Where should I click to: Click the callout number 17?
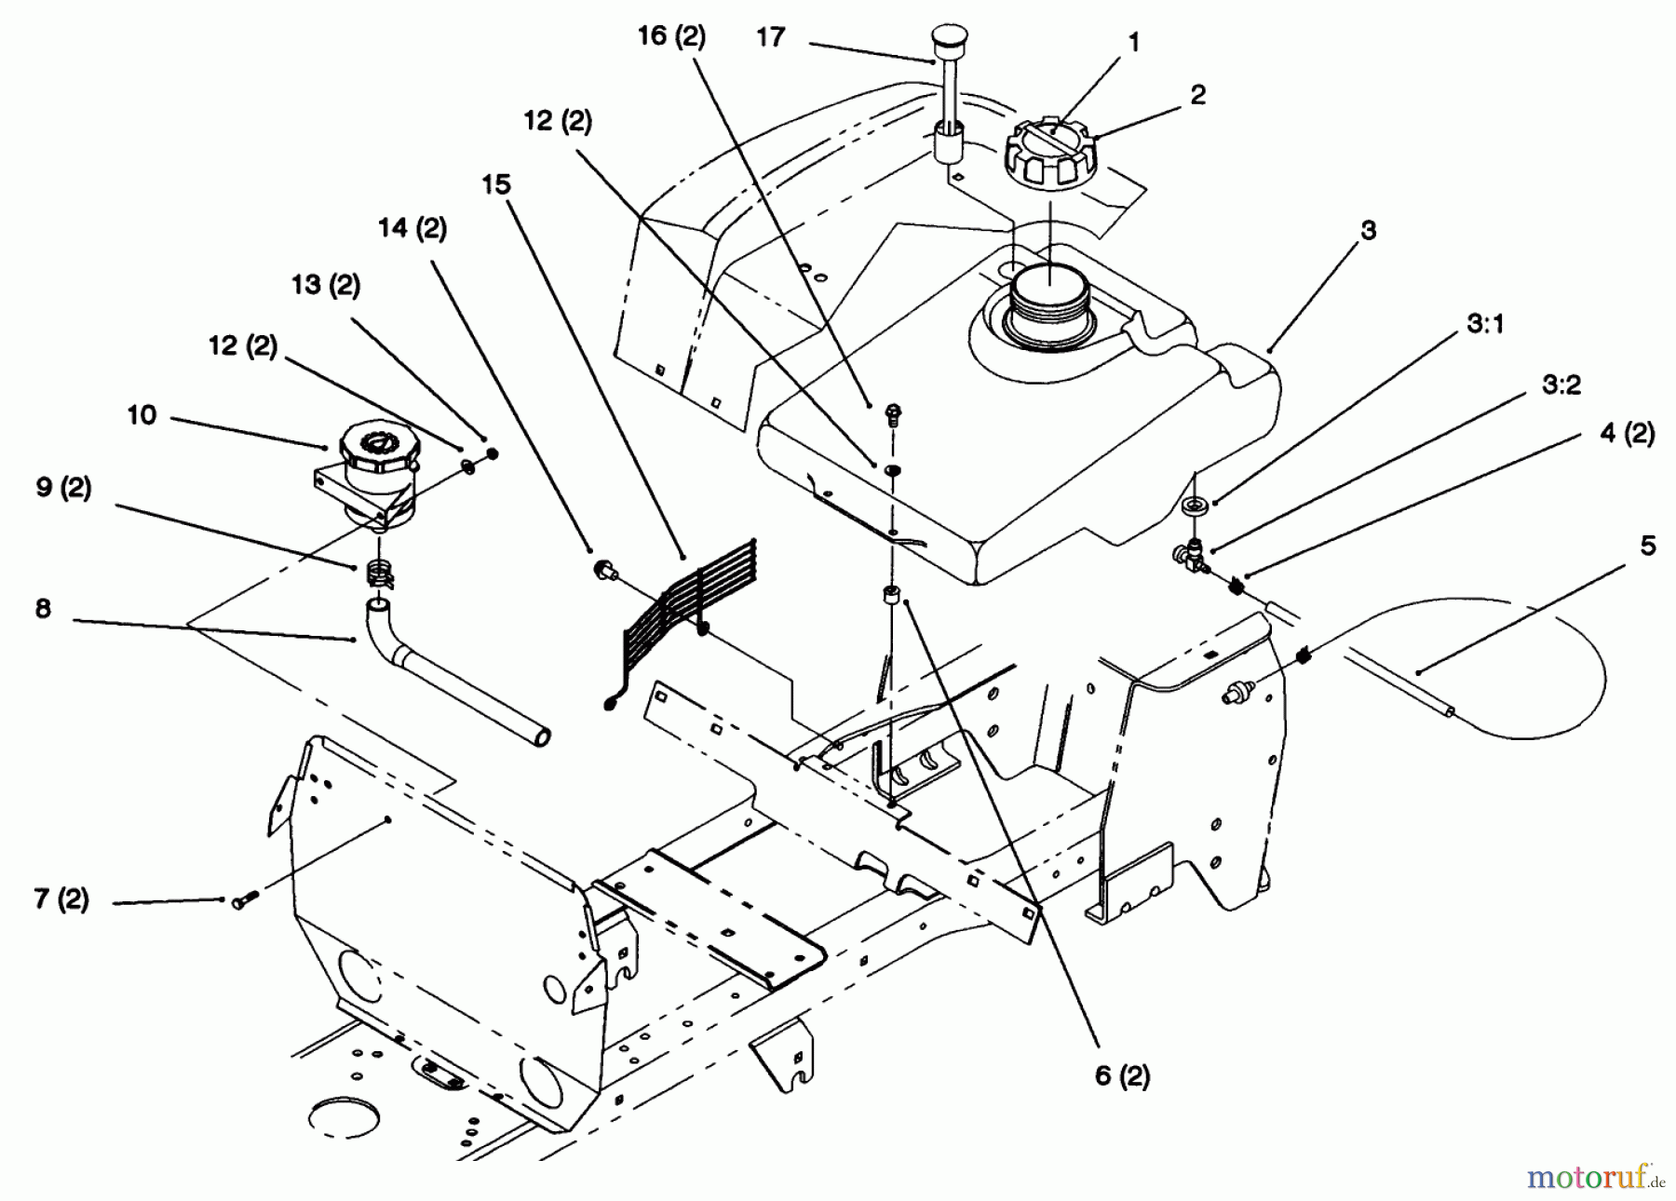point(770,38)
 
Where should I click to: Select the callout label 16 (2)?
point(671,36)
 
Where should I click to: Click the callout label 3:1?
point(1485,324)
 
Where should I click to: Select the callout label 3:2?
point(1561,385)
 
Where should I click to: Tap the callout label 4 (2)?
point(1627,433)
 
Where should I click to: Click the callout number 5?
point(1647,546)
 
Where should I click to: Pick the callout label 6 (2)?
point(1122,1075)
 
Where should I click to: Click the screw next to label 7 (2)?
point(240,900)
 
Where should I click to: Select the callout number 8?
point(43,609)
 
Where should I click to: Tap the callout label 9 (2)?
point(63,488)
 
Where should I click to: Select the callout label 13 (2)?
point(325,284)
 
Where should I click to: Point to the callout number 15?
point(496,184)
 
